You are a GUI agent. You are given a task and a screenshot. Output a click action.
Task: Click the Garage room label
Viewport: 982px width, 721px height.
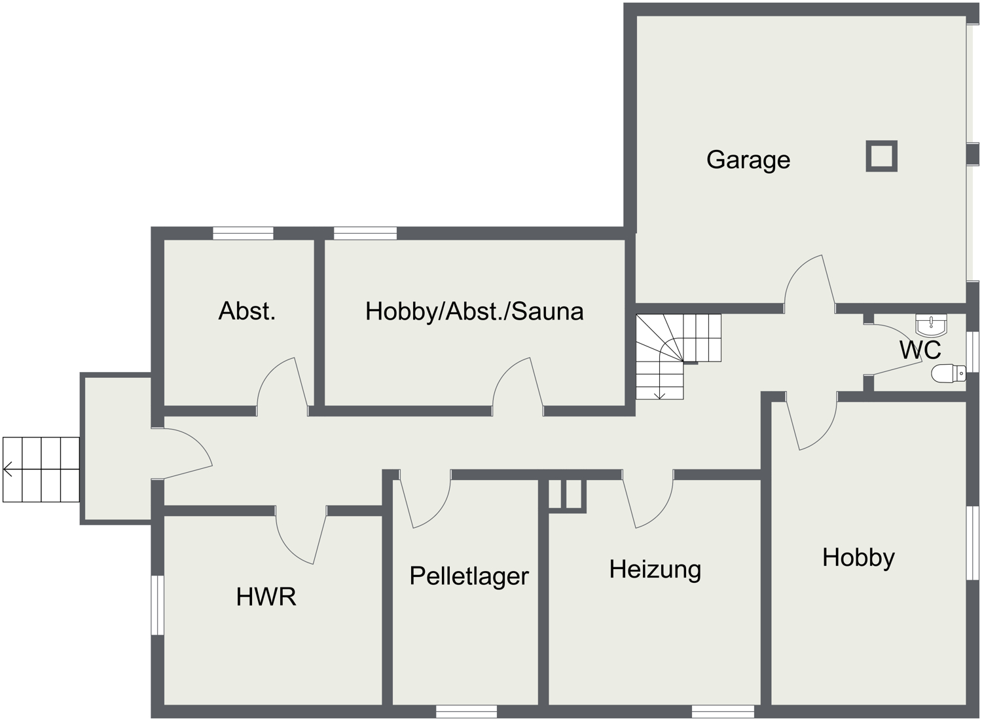748,160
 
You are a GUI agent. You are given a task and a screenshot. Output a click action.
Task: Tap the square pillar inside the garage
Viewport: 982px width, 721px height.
881,156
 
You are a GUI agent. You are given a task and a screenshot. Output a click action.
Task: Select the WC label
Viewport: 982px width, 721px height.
920,350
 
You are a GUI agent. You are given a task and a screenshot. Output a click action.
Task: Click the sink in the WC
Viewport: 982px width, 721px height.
931,325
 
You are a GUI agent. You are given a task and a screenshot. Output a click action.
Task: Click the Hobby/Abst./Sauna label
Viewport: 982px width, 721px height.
475,312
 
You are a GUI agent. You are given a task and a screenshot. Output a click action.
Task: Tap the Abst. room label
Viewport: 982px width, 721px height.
247,311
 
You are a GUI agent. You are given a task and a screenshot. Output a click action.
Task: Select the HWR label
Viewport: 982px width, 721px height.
266,597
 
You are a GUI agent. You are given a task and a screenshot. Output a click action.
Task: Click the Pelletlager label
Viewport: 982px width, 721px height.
469,576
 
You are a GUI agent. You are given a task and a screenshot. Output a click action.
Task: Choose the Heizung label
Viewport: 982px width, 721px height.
655,570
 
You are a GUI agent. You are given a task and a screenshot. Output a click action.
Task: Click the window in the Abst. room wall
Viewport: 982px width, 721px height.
243,233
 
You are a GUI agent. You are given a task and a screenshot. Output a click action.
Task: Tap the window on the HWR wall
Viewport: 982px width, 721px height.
157,605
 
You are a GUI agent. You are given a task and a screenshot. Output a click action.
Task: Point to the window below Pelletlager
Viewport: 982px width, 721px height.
466,711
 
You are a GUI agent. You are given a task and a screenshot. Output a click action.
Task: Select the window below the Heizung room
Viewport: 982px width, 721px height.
723,711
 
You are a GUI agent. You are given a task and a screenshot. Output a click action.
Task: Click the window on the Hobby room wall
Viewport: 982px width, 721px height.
973,544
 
